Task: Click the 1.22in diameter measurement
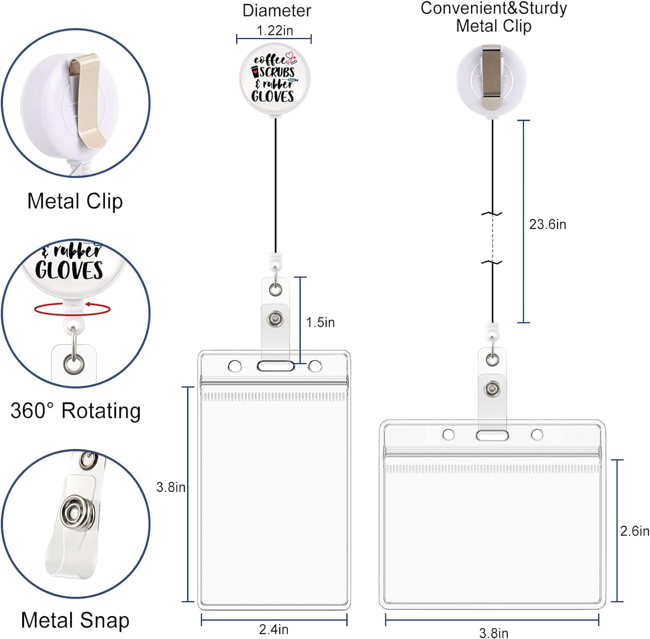pos(274,31)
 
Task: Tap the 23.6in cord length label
pos(547,224)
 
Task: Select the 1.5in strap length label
pos(320,322)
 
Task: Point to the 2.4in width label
pos(273,629)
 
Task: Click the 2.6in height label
pos(634,531)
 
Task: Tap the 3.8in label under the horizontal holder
pos(493,633)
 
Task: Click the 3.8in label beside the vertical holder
pos(170,487)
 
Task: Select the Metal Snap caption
pos(75,620)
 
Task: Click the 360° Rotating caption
pos(76,411)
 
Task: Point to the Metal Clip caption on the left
pos(75,201)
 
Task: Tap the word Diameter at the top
pos(277,11)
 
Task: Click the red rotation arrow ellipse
pos(72,309)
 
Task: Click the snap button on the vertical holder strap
pos(275,319)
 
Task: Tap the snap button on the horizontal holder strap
pos(493,388)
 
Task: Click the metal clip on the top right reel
pos(493,77)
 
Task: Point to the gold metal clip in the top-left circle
pos(87,101)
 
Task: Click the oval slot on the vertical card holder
pos(275,366)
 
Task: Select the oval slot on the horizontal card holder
pos(493,435)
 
